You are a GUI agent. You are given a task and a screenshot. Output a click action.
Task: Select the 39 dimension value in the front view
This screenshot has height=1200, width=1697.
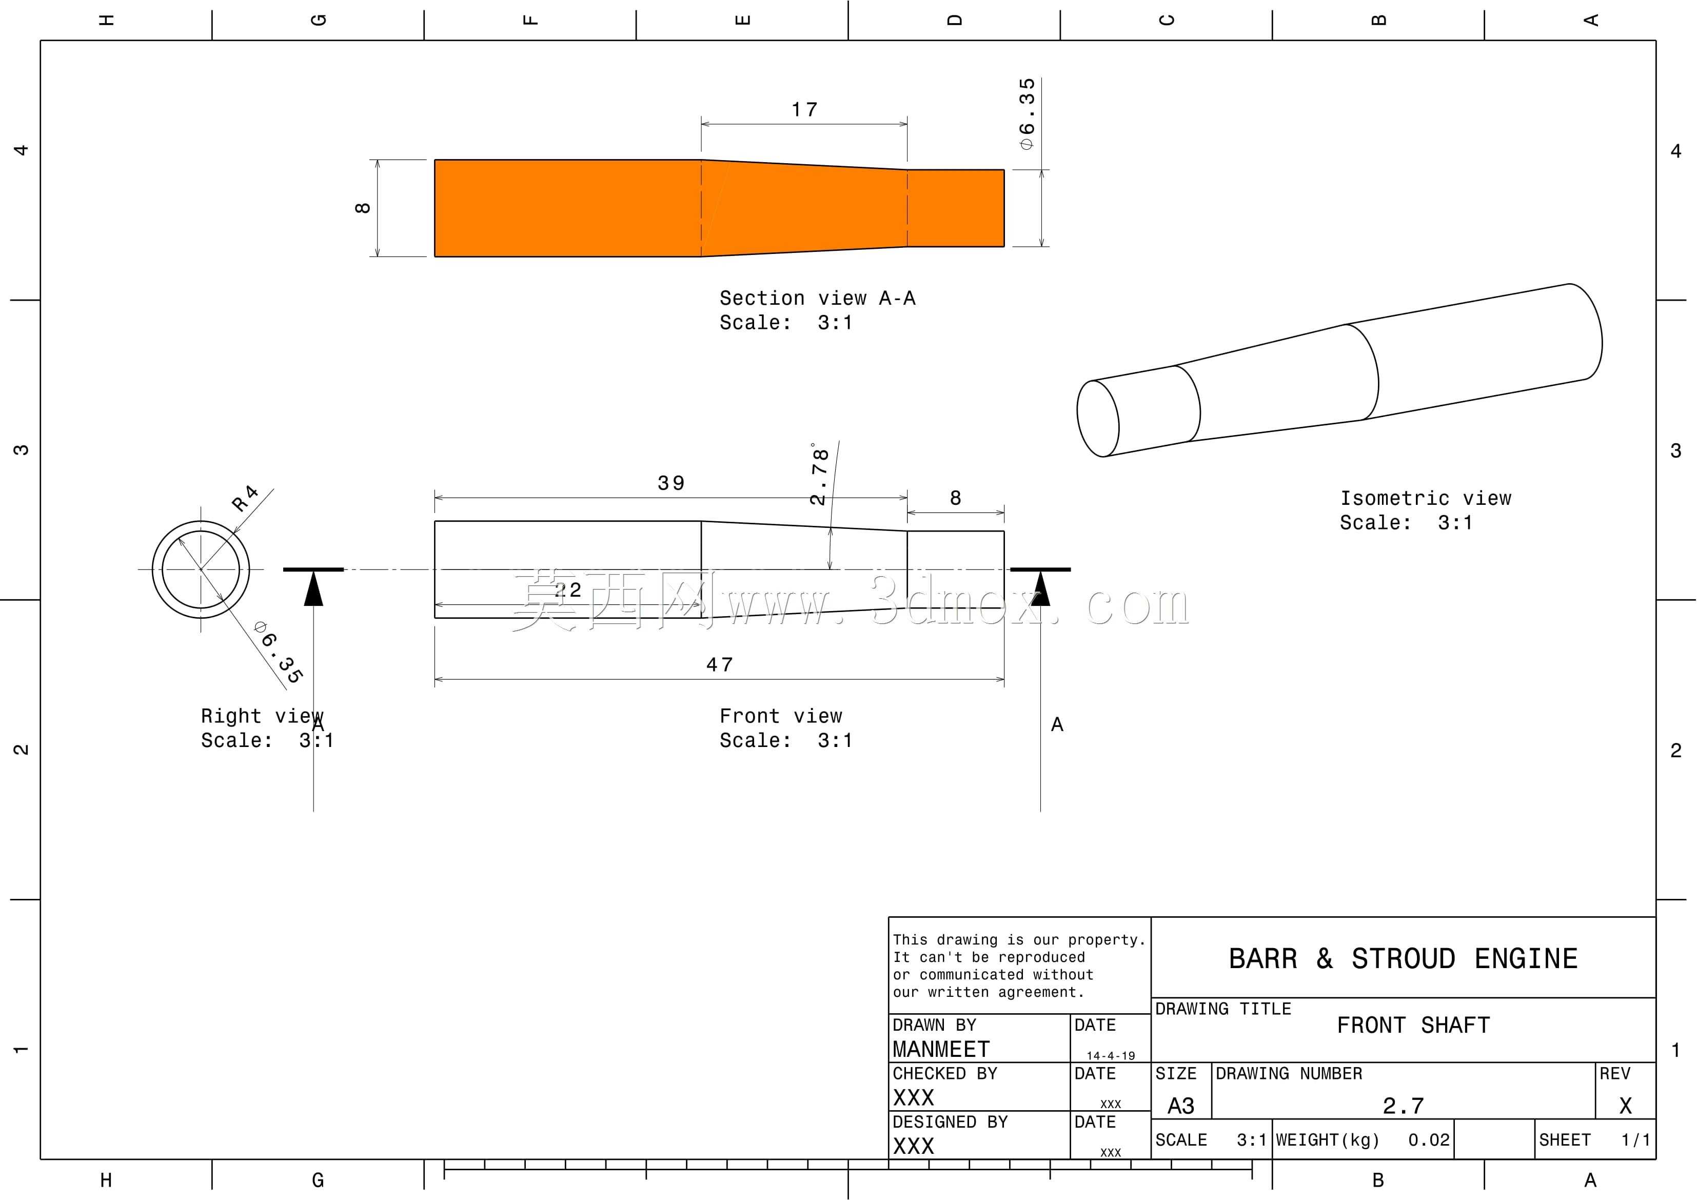point(671,484)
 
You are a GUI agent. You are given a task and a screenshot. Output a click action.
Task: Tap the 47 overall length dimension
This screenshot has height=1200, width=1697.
point(719,665)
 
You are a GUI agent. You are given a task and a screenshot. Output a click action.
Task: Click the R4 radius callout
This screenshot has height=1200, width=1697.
point(245,498)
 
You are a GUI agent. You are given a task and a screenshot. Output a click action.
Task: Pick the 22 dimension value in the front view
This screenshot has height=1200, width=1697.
point(568,590)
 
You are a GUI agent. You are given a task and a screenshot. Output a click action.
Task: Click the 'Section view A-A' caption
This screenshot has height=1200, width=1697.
point(817,298)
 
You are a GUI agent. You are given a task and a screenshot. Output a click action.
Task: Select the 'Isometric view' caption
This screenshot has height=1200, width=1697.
point(1426,498)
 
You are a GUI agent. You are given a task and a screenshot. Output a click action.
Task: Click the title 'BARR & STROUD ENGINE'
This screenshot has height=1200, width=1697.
point(1403,959)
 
